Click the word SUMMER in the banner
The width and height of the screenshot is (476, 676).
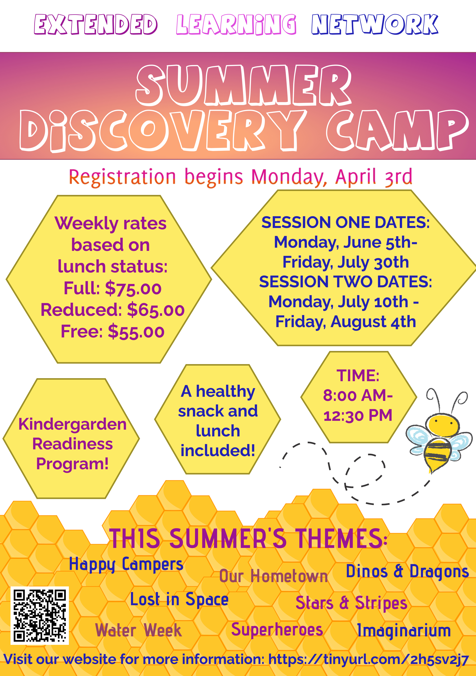coord(244,85)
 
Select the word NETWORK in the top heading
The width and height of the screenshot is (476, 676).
coord(375,24)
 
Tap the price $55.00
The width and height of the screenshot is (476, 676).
coord(136,332)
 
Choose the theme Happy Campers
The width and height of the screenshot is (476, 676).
coord(126,565)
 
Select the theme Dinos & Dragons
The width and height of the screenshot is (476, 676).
coord(407,571)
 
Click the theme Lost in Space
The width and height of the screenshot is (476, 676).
coord(179,599)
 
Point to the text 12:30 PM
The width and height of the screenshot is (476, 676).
coord(358,415)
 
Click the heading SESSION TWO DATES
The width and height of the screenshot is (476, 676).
coord(345,282)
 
